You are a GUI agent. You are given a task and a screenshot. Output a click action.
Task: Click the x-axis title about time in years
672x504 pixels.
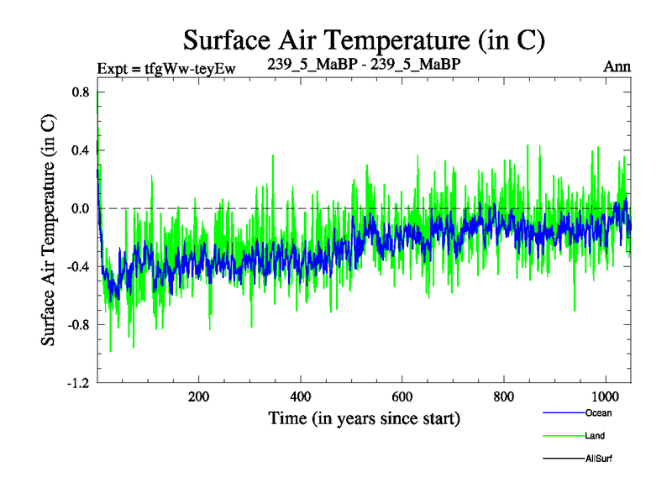pos(364,417)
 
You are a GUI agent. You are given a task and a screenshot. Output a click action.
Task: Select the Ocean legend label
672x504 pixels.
pos(598,413)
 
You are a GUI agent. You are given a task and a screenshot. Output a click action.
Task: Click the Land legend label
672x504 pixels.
pos(595,437)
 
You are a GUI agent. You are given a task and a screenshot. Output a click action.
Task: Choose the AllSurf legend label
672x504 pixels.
pos(600,459)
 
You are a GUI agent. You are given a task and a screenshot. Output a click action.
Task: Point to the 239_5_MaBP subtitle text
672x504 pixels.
pos(363,63)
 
